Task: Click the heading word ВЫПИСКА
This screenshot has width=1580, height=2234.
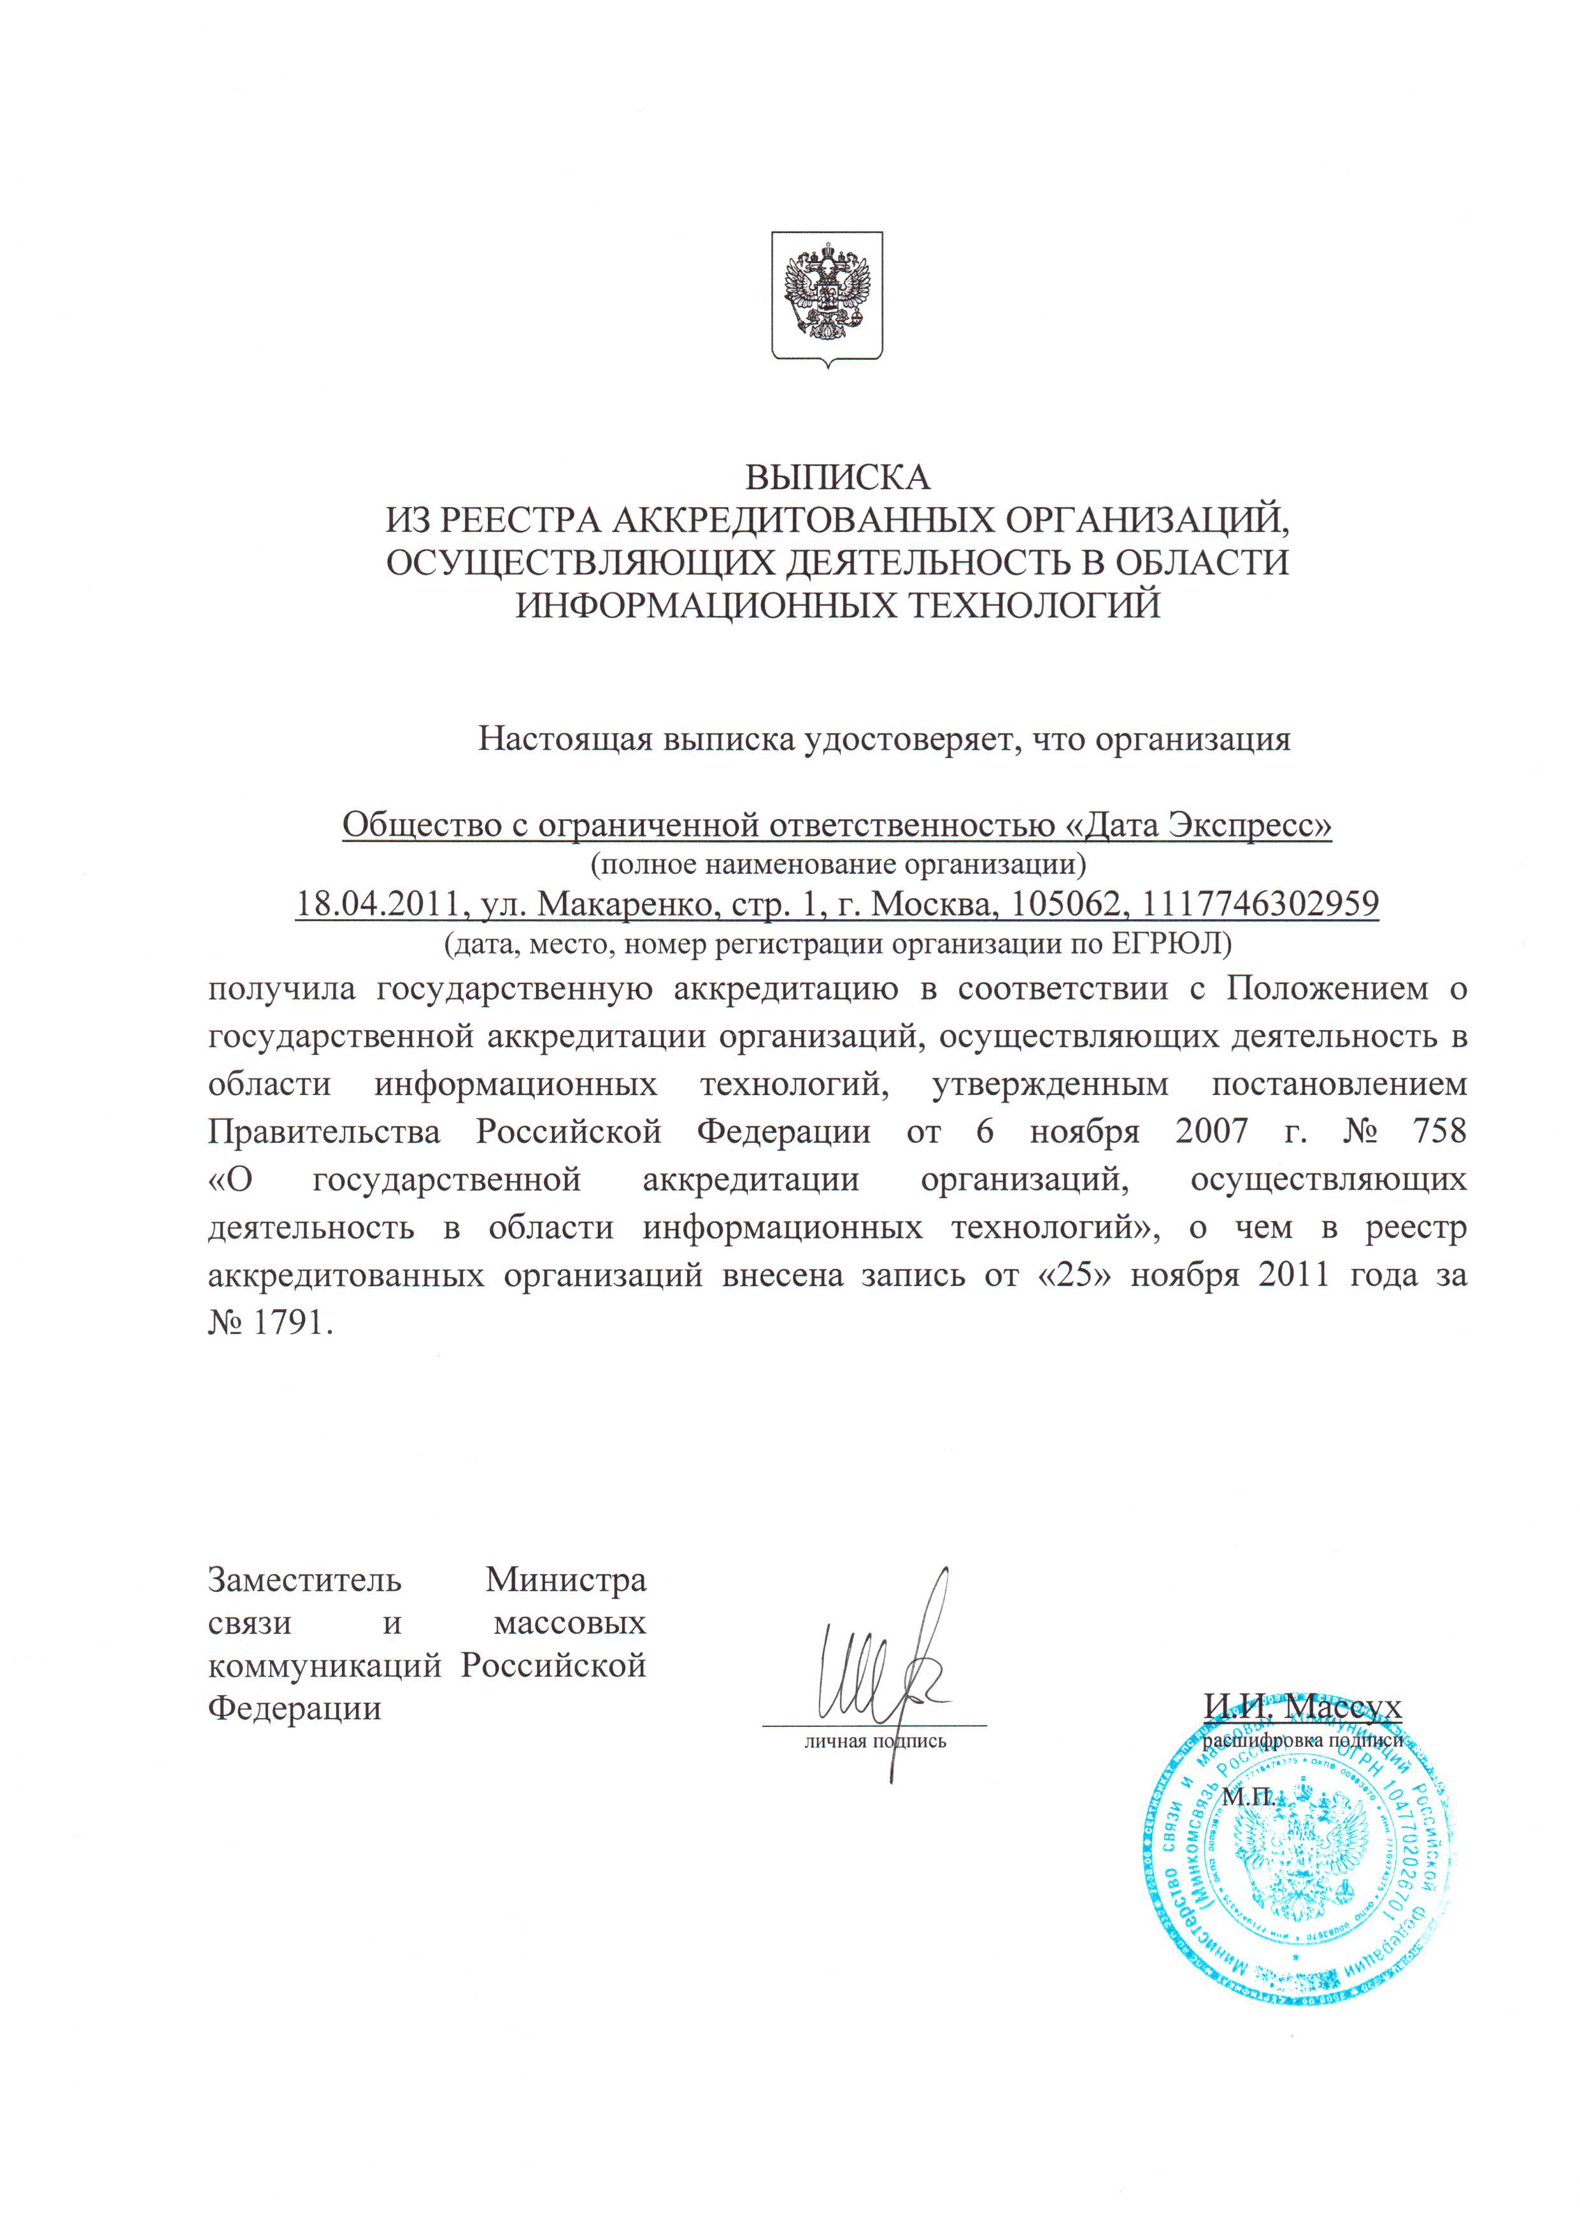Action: (x=837, y=478)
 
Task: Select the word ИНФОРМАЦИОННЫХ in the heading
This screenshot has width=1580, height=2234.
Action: (x=704, y=605)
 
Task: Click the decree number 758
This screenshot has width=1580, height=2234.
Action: (x=1438, y=1131)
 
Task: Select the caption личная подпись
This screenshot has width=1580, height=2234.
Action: (x=874, y=1742)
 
